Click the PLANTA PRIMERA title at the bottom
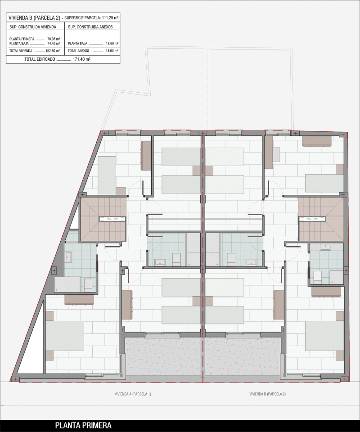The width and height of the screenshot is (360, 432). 83,425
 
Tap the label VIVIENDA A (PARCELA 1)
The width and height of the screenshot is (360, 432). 133,394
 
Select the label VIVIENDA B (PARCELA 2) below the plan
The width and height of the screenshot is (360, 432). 268,394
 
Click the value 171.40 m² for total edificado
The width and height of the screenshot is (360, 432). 81,59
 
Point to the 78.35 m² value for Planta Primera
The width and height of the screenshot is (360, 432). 54,39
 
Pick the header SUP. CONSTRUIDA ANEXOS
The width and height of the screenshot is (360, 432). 87,27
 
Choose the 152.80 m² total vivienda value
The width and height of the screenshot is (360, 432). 53,51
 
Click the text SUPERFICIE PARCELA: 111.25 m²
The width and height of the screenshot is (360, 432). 91,18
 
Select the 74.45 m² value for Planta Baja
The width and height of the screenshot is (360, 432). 54,43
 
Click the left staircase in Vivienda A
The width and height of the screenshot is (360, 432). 103,219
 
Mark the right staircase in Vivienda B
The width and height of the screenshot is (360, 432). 320,219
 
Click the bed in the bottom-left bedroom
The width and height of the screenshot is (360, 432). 65,336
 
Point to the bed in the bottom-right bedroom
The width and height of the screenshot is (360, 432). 324,336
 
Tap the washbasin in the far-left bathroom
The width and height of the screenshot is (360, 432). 69,257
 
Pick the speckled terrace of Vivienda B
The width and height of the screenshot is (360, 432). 243,356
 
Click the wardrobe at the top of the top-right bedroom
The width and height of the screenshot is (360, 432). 317,141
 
